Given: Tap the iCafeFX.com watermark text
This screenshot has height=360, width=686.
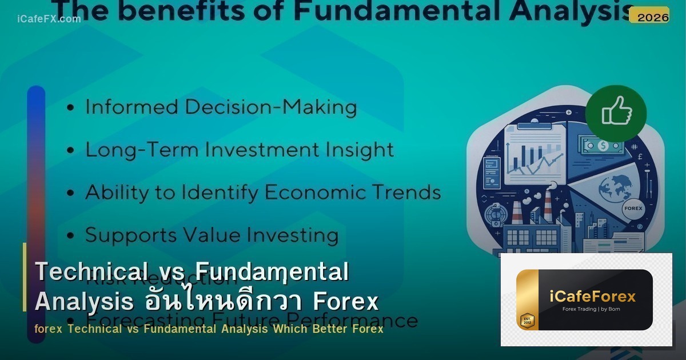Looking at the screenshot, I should click(49, 19).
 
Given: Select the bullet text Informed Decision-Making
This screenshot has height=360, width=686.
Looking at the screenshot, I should click(221, 107).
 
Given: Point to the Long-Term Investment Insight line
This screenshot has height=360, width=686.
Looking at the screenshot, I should click(239, 150).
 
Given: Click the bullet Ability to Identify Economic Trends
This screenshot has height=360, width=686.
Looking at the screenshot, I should click(262, 193).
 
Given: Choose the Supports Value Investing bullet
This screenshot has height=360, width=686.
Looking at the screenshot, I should click(212, 235).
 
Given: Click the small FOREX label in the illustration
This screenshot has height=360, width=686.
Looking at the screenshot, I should click(633, 209).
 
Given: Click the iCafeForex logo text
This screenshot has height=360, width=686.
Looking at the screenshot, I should click(592, 297).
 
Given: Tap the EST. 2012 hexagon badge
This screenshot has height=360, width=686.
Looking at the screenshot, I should click(527, 320).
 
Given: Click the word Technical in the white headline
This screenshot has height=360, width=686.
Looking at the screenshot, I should click(87, 272).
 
